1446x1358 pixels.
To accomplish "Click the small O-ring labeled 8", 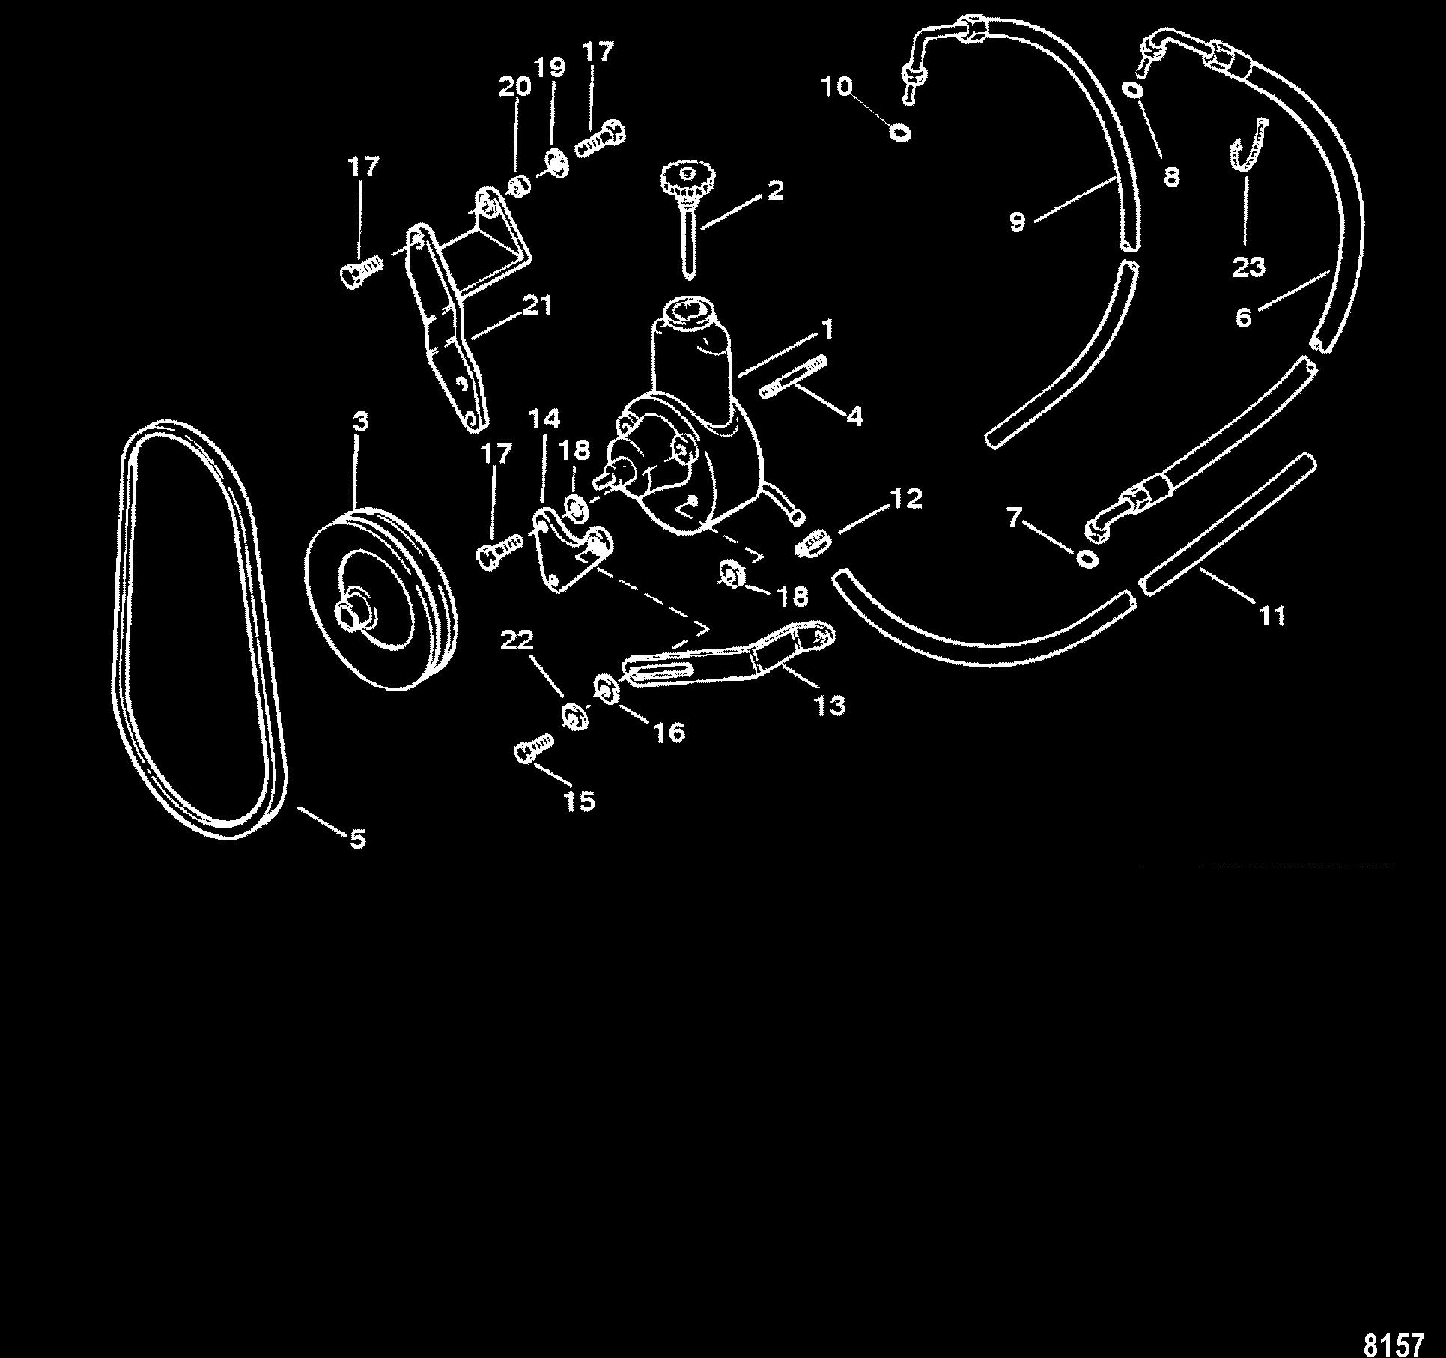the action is click(x=1133, y=90).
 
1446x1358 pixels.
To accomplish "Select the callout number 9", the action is click(x=1017, y=222).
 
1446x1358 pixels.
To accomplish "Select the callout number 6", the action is click(x=1244, y=318).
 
